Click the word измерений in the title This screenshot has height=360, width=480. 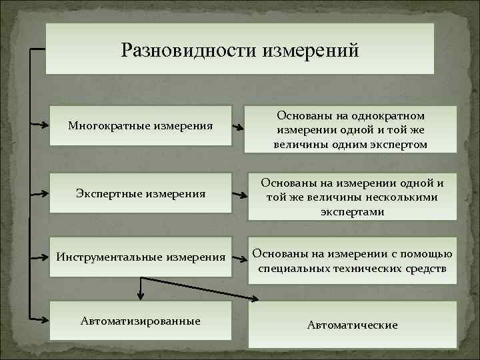click(x=306, y=50)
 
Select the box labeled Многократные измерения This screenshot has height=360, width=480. click(x=141, y=125)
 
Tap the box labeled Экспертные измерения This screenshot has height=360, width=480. click(x=141, y=193)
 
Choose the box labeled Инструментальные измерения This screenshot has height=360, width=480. click(x=141, y=257)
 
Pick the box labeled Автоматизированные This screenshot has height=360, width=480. click(x=141, y=321)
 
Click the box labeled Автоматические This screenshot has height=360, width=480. click(x=352, y=325)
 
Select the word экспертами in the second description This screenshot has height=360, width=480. click(x=352, y=212)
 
